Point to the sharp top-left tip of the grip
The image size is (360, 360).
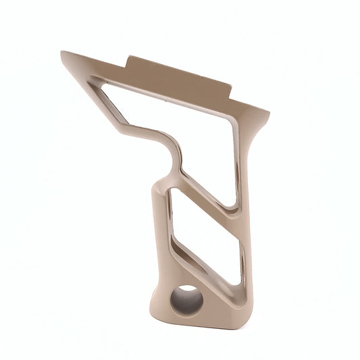pyautogui.click(x=62, y=53)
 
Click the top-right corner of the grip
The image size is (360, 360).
pyautogui.click(x=267, y=111)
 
